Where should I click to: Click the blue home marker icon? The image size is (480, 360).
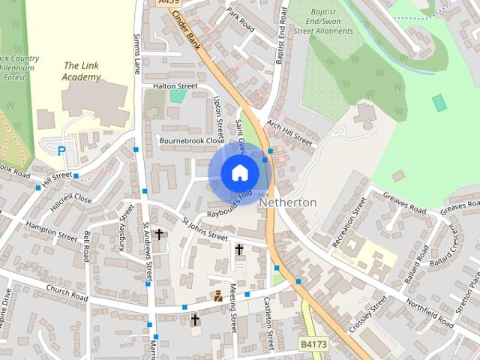[x=240, y=173]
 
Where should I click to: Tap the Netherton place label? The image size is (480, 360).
[x=288, y=202]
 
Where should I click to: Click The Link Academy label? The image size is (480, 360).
[x=82, y=71]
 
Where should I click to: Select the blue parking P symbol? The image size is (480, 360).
[x=61, y=151]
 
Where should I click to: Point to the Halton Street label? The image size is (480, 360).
[x=175, y=86]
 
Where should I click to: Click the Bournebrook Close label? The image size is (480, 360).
[x=191, y=140]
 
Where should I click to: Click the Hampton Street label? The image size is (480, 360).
[x=51, y=230]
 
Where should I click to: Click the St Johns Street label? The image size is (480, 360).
[x=205, y=229]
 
